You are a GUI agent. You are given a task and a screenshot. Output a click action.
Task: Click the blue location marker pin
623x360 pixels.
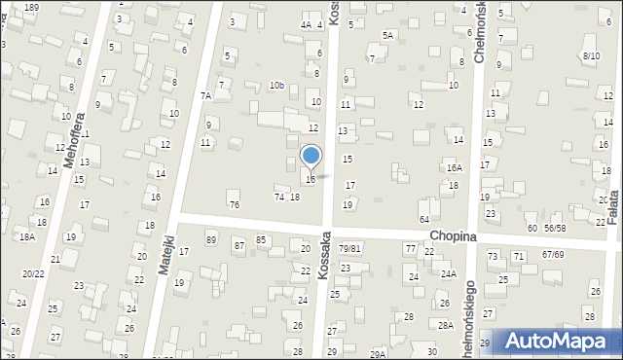pyautogui.click(x=311, y=156)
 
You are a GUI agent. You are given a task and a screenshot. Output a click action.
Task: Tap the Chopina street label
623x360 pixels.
pyautogui.click(x=451, y=236)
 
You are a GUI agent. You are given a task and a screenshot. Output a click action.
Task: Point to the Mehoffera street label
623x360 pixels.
pyautogui.click(x=69, y=145)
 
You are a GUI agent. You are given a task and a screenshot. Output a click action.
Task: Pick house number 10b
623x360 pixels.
pyautogui.click(x=276, y=86)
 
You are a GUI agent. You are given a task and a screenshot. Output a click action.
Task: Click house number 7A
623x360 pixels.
pyautogui.click(x=205, y=95)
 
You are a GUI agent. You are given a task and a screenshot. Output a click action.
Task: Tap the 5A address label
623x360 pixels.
pyautogui.click(x=387, y=35)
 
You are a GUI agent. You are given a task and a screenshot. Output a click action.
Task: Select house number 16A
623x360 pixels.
pyautogui.click(x=454, y=168)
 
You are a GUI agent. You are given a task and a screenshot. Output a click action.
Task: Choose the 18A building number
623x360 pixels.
pyautogui.click(x=27, y=236)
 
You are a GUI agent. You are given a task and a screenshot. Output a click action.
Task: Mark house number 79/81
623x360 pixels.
pyautogui.click(x=349, y=248)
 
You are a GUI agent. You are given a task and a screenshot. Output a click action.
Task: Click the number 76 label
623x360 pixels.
pyautogui.click(x=234, y=204)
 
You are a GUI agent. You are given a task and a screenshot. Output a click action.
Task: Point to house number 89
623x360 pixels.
pyautogui.click(x=211, y=239)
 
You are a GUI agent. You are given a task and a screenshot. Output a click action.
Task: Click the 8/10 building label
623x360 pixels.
pyautogui.click(x=591, y=55)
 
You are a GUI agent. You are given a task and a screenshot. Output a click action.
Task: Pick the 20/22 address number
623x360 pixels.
pyautogui.click(x=33, y=273)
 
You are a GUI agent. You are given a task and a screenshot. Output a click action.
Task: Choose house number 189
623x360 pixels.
pyautogui.click(x=32, y=7)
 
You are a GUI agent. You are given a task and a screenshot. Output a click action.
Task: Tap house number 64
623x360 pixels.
pyautogui.click(x=424, y=220)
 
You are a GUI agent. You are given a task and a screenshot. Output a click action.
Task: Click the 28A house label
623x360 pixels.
pyautogui.click(x=446, y=325)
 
